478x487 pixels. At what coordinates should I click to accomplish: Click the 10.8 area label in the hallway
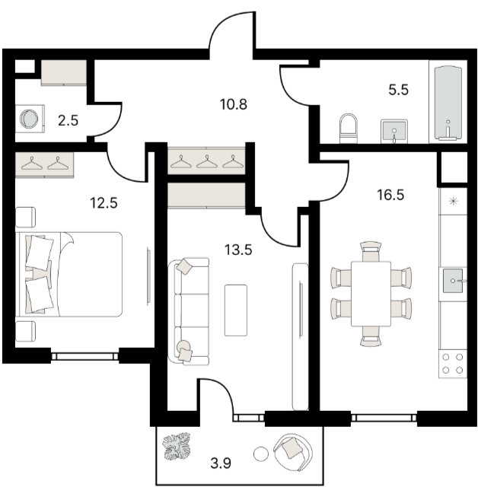233,104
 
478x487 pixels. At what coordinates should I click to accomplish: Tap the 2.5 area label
68,120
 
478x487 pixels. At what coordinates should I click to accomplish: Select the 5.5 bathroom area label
399,90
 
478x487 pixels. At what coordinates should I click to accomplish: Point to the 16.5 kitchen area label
390,195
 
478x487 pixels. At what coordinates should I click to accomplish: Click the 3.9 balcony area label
221,463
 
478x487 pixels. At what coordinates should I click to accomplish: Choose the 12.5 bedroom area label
104,203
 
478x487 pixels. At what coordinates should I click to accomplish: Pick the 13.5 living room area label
238,250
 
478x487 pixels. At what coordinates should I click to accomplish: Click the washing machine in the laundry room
30,119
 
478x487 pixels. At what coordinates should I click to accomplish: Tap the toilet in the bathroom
349,129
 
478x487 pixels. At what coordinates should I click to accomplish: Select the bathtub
448,102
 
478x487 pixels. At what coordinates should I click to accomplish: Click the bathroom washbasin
394,131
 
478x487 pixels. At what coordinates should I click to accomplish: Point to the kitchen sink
454,281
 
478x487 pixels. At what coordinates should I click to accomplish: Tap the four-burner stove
453,364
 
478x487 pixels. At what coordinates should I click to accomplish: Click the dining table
371,294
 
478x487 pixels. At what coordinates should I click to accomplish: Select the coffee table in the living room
236,310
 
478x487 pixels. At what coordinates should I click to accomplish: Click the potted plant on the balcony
177,447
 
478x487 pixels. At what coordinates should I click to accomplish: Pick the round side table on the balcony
261,454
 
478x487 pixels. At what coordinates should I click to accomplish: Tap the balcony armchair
293,452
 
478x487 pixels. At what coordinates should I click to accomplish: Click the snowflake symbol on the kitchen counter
454,202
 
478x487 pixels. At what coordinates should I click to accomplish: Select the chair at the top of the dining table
371,251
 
